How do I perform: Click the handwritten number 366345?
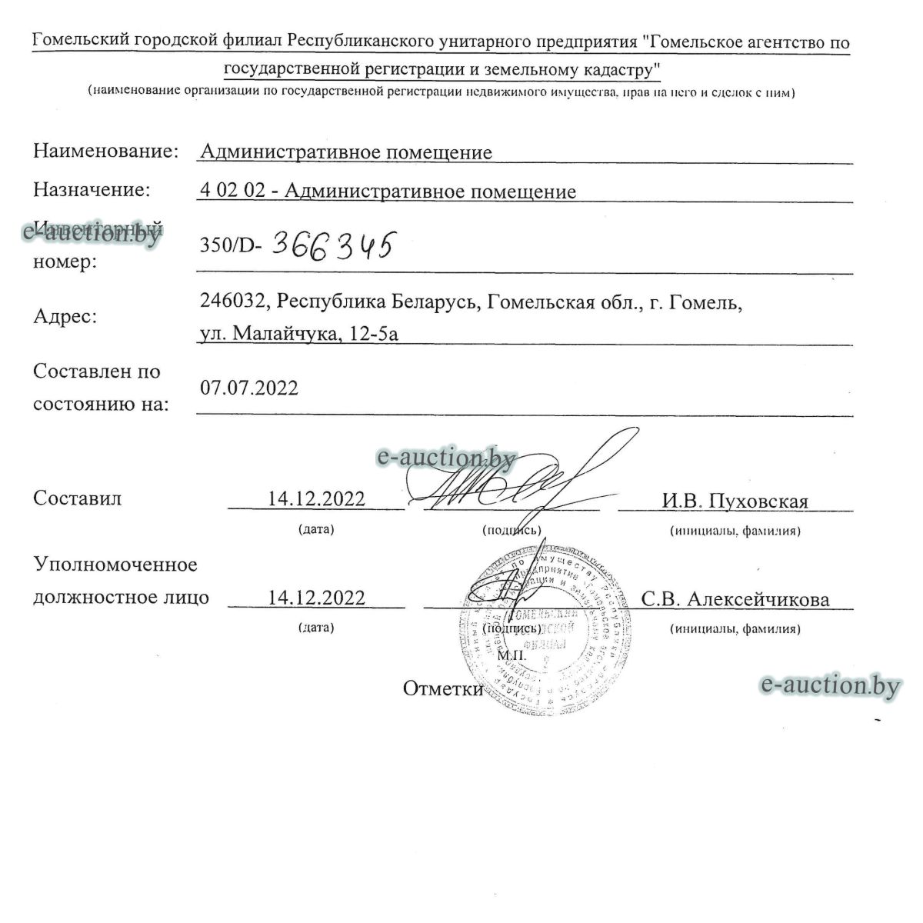[332, 245]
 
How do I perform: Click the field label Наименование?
[106, 151]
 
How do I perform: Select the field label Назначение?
[92, 189]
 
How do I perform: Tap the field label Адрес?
[65, 315]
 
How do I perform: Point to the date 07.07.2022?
[249, 388]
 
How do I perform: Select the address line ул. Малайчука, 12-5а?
[299, 333]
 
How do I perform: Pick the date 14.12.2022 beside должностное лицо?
[316, 598]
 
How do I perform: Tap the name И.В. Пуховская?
[735, 501]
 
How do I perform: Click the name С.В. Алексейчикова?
[735, 599]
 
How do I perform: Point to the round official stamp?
[542, 632]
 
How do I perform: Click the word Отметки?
[443, 689]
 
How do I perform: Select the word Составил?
[78, 498]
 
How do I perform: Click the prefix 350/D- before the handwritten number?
[231, 246]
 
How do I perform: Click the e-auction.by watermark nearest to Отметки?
[829, 685]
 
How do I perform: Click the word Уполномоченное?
[115, 565]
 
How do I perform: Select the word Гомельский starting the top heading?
[78, 42]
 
